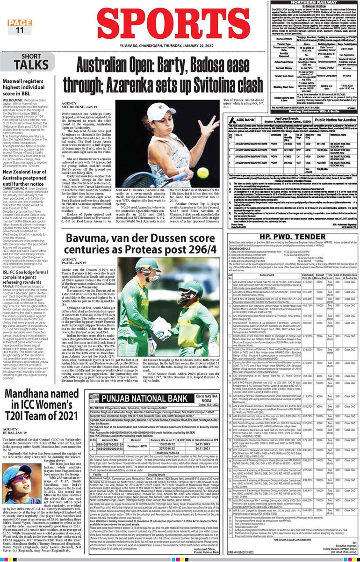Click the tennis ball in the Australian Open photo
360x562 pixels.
tap(202, 173)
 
